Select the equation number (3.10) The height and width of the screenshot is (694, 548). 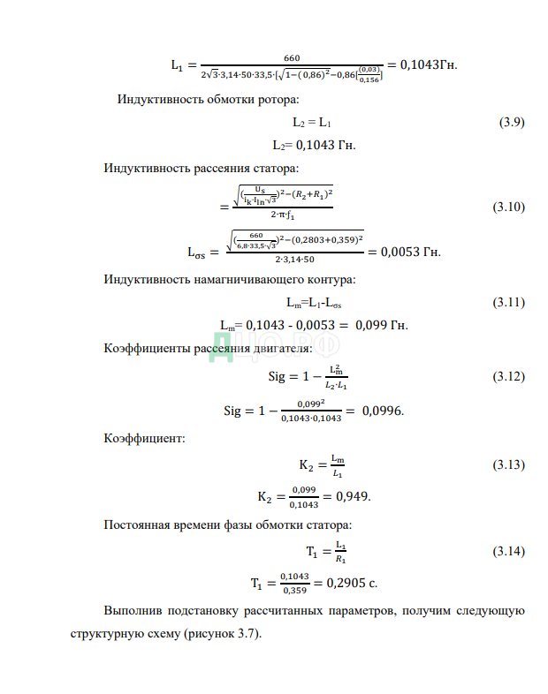(x=508, y=208)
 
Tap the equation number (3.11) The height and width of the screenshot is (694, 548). (x=508, y=304)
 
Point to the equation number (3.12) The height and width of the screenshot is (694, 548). (x=508, y=377)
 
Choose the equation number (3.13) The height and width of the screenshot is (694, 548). (x=508, y=464)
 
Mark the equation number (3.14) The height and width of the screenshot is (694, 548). (x=508, y=553)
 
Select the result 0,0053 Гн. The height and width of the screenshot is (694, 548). (x=404, y=251)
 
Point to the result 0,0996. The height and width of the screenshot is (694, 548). (x=382, y=411)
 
